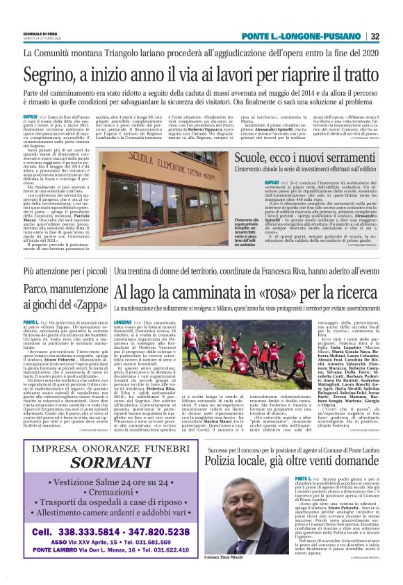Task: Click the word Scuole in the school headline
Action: pyautogui.click(x=255, y=158)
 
